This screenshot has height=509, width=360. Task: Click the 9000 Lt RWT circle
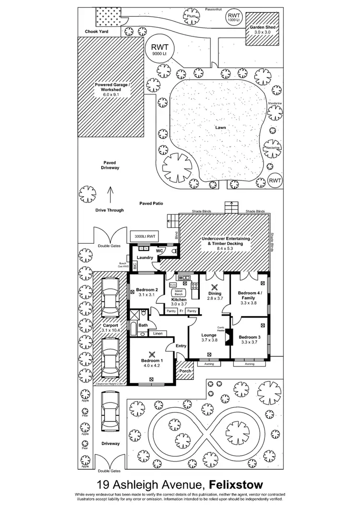[160, 50]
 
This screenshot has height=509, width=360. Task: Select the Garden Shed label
[263, 28]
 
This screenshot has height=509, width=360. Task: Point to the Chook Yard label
[96, 32]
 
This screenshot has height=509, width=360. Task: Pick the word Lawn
[220, 128]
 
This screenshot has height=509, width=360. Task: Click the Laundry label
[144, 258]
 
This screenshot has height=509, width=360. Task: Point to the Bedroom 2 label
[147, 290]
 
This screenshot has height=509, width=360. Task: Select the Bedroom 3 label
[250, 337]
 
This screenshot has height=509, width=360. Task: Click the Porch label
[185, 371]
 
